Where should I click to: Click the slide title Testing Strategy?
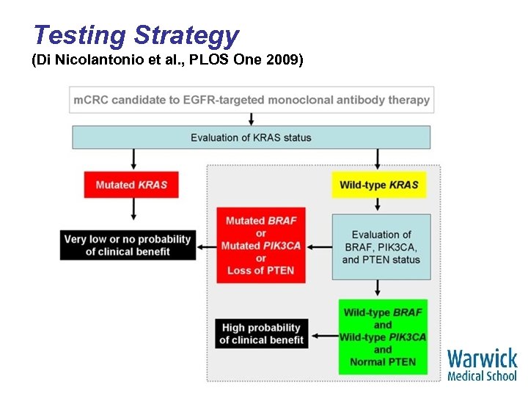[x=136, y=35]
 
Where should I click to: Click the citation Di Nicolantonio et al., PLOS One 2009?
[x=166, y=61]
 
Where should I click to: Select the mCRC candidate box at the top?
[x=252, y=100]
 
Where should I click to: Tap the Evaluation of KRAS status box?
[x=252, y=137]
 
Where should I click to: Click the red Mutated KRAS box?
[x=131, y=185]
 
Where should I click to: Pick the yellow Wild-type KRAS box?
[x=378, y=185]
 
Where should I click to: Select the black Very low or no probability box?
[x=128, y=246]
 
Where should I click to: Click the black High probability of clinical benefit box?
[x=262, y=334]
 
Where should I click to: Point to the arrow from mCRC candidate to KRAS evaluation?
[x=252, y=119]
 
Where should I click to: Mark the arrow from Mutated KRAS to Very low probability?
[x=133, y=210]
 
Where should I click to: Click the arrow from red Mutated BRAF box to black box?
[x=206, y=246]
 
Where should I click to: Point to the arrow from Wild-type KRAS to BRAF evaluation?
[x=378, y=205]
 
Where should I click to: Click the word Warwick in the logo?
[x=482, y=359]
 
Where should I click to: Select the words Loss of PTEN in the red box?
[x=260, y=271]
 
